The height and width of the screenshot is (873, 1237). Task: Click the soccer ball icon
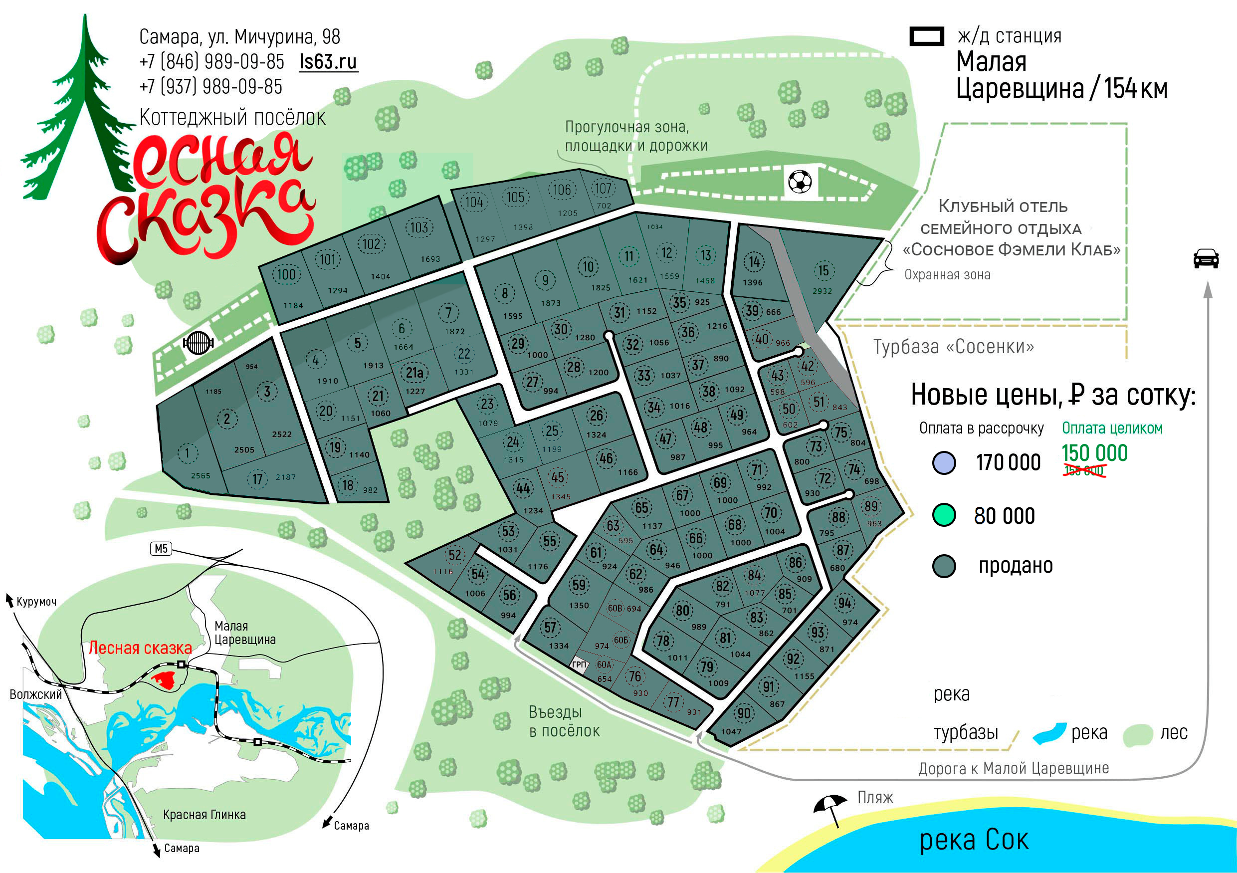click(800, 182)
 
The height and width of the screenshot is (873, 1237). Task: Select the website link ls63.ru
click(328, 61)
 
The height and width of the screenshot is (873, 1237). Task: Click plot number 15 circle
click(823, 270)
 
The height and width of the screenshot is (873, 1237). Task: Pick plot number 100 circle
click(286, 274)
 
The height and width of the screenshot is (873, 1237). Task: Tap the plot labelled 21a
click(414, 372)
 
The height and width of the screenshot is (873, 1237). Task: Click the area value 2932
click(822, 291)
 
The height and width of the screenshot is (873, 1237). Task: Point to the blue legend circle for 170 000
click(944, 462)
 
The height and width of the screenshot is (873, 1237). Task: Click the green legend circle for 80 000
click(944, 515)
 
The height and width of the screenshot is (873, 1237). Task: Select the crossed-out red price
click(1083, 471)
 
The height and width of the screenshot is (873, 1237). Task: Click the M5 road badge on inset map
click(161, 549)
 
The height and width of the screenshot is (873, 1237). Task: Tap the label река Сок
click(974, 840)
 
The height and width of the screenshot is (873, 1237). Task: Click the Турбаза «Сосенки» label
click(954, 347)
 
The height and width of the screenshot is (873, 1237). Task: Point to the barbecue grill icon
click(198, 342)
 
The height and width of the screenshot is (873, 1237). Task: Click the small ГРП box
click(579, 664)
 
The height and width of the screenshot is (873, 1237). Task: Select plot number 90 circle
click(744, 713)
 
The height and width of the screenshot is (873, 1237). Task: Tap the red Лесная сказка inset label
click(140, 648)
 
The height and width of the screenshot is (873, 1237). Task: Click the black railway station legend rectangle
click(927, 36)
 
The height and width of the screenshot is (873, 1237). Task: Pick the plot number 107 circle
click(603, 189)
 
